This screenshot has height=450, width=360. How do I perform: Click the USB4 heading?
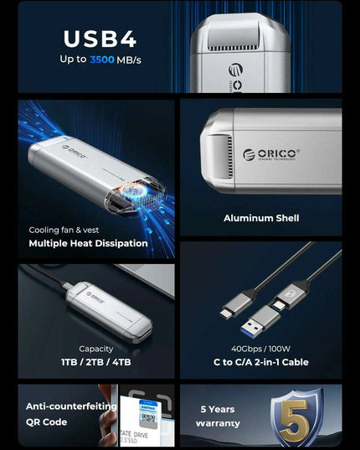pyautogui.click(x=100, y=39)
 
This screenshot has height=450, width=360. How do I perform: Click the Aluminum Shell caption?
pyautogui.click(x=261, y=218)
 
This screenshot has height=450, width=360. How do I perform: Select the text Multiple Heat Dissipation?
pyautogui.click(x=88, y=244)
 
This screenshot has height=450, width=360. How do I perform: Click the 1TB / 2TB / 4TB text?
pyautogui.click(x=95, y=362)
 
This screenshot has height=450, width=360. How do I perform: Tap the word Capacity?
pyautogui.click(x=95, y=349)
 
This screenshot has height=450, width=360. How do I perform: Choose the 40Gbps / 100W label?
pyautogui.click(x=260, y=349)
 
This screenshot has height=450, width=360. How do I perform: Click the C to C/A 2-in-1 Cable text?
pyautogui.click(x=260, y=362)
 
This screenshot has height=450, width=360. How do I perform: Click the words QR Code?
pyautogui.click(x=46, y=422)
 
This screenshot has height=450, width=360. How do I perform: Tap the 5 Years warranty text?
pyautogui.click(x=220, y=416)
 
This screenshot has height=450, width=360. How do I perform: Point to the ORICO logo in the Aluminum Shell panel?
pyautogui.click(x=270, y=155)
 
